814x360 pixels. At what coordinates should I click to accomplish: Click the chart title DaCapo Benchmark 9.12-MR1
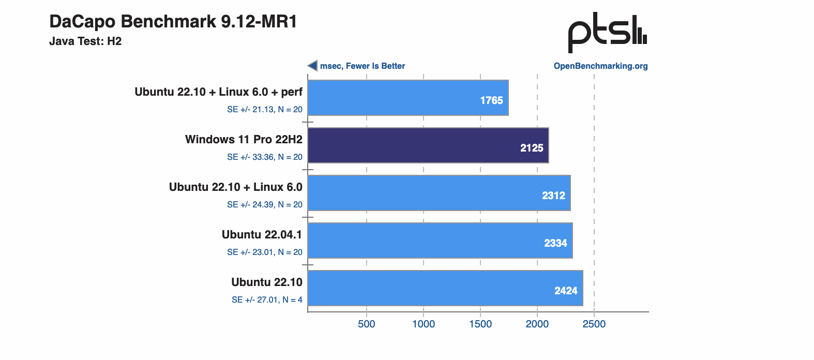click(173, 22)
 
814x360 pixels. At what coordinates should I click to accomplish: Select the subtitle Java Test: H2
click(85, 41)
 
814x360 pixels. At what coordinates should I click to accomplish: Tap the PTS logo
click(607, 33)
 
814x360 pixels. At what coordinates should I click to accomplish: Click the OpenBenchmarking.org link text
click(600, 66)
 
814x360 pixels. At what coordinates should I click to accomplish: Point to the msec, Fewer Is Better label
click(362, 66)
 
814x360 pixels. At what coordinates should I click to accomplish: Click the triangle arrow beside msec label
click(312, 66)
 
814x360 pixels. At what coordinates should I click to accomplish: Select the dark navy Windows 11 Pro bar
click(428, 145)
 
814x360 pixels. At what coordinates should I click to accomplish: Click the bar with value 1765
click(408, 98)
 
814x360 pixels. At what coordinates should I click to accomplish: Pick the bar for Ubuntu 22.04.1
click(440, 241)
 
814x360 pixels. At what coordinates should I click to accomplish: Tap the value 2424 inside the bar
click(566, 291)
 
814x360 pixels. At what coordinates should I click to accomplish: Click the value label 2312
click(553, 196)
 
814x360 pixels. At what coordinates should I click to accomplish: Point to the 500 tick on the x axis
click(367, 324)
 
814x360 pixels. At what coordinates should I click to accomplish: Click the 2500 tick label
click(594, 324)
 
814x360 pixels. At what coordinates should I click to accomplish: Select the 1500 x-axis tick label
click(480, 324)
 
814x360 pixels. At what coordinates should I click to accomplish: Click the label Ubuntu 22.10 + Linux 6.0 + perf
click(218, 92)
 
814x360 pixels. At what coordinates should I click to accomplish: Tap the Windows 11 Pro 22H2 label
click(244, 140)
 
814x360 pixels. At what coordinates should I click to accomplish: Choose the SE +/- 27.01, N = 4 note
click(267, 300)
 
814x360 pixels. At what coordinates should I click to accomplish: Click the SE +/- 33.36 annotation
click(265, 157)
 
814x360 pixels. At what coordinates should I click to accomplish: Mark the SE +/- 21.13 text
click(265, 110)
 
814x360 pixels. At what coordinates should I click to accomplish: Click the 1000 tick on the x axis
click(424, 324)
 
